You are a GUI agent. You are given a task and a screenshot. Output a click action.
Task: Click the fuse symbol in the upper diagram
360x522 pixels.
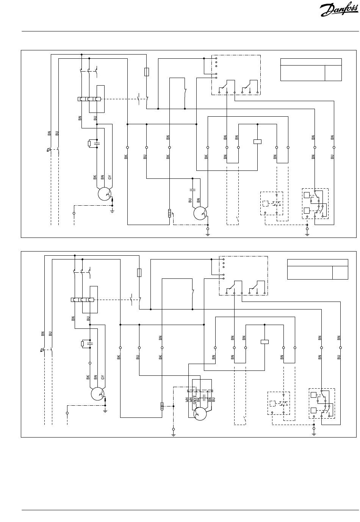click(x=147, y=72)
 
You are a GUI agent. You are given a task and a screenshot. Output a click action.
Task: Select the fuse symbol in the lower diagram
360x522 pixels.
click(x=139, y=272)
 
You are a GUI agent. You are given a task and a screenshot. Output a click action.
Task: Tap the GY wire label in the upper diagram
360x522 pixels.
click(x=110, y=177)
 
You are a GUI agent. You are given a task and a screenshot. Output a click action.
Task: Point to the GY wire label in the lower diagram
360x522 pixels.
click(x=103, y=377)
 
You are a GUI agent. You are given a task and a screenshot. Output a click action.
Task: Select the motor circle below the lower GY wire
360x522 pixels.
click(x=97, y=394)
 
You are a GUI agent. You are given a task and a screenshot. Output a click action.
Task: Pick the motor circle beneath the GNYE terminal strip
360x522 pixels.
click(x=200, y=414)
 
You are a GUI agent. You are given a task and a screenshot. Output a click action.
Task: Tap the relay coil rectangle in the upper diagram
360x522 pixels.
click(x=257, y=142)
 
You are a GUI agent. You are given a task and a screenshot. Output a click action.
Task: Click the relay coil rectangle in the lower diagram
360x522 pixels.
click(x=265, y=342)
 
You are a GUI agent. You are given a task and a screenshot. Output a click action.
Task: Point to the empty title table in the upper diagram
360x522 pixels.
click(x=311, y=70)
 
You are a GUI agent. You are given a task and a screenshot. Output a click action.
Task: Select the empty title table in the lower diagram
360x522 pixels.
click(x=318, y=269)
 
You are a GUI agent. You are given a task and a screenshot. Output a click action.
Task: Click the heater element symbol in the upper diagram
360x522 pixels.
click(x=169, y=213)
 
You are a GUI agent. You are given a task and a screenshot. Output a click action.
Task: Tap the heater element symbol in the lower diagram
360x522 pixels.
click(x=162, y=406)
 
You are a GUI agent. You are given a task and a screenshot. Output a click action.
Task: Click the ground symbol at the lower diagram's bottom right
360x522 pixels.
click(x=314, y=434)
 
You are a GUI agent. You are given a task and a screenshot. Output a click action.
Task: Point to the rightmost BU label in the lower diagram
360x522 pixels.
click(x=339, y=357)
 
